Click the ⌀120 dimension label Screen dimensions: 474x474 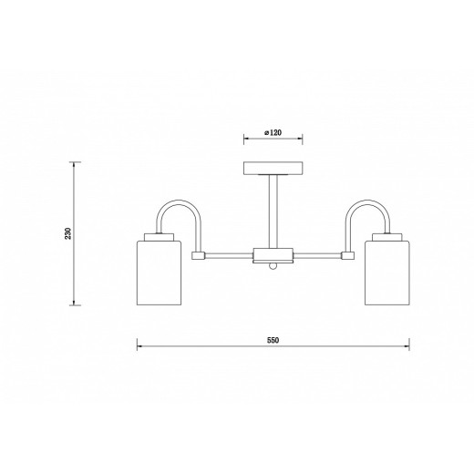coord(273,132)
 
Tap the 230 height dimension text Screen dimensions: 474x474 coord(67,233)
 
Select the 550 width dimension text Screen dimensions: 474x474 coord(273,340)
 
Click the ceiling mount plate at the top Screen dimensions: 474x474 coord(273,169)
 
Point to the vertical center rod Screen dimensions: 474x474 coord(273,211)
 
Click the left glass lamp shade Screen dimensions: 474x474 coord(159,273)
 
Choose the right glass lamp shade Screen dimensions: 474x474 coord(386,273)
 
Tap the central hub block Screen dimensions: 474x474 coord(273,255)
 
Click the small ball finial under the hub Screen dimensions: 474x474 coord(273,266)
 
